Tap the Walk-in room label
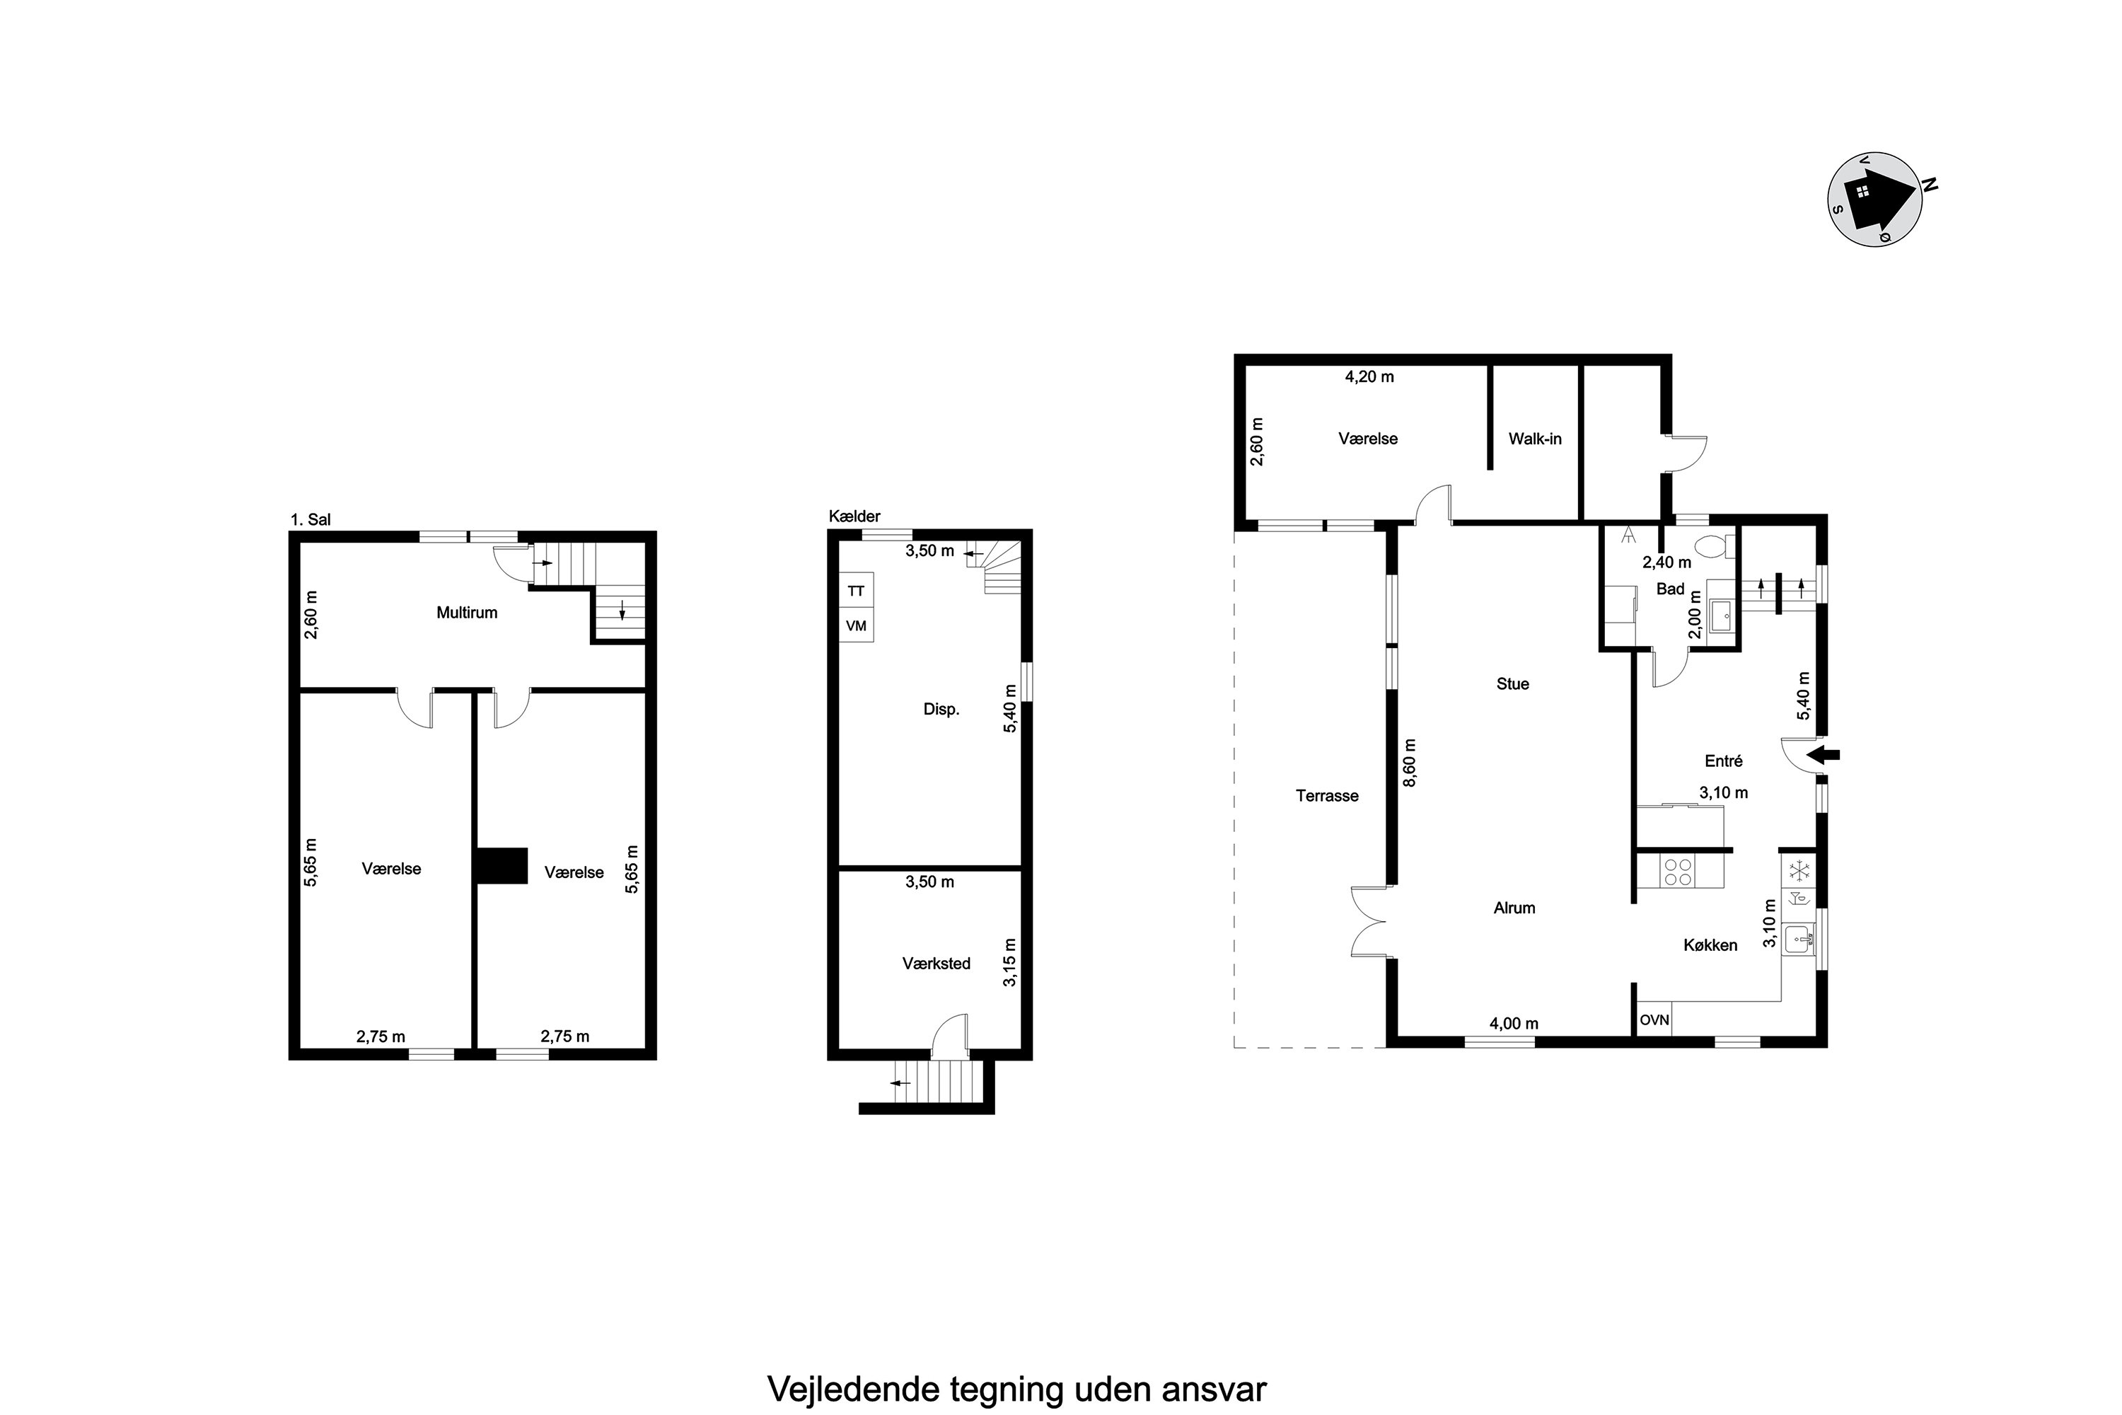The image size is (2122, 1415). [1535, 439]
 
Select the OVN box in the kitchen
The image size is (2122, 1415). [1654, 1020]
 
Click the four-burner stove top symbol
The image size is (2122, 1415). [1678, 871]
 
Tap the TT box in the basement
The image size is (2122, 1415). [856, 591]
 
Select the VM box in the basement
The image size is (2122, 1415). [856, 625]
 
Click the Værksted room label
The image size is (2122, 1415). [937, 964]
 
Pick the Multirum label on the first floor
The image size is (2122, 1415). [466, 613]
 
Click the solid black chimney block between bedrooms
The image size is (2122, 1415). [501, 865]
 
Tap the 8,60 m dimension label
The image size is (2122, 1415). [1409, 763]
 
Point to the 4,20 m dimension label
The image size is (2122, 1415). [1369, 377]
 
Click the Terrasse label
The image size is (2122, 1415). [1327, 796]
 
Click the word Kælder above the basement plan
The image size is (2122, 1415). [854, 516]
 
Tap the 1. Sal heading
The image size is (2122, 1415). [311, 520]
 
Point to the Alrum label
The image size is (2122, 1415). [1514, 908]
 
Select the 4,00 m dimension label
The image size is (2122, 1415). [1514, 1023]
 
